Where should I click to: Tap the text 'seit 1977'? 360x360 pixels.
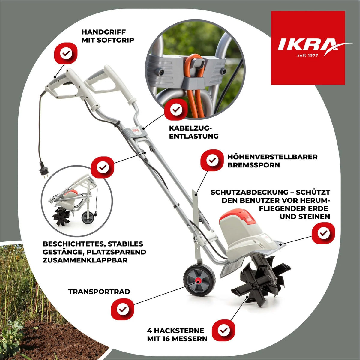pyautogui.click(x=308, y=55)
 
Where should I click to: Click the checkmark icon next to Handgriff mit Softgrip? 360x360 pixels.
pyautogui.click(x=66, y=53)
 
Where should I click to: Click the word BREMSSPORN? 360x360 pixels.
pyautogui.click(x=254, y=165)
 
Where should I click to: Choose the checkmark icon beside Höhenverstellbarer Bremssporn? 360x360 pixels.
pyautogui.click(x=212, y=160)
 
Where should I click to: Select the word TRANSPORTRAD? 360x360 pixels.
pyautogui.click(x=99, y=292)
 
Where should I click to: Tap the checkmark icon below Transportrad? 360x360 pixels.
pyautogui.click(x=122, y=309)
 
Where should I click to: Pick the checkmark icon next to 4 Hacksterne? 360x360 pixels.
pyautogui.click(x=223, y=330)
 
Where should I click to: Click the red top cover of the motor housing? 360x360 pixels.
pyautogui.click(x=239, y=217)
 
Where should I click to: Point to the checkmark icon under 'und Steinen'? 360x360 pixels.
pyautogui.click(x=323, y=233)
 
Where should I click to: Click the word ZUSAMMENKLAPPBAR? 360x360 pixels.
pyautogui.click(x=85, y=260)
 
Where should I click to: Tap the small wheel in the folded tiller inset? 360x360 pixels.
pyautogui.click(x=88, y=218)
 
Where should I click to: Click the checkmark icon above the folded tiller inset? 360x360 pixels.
pyautogui.click(x=103, y=167)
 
